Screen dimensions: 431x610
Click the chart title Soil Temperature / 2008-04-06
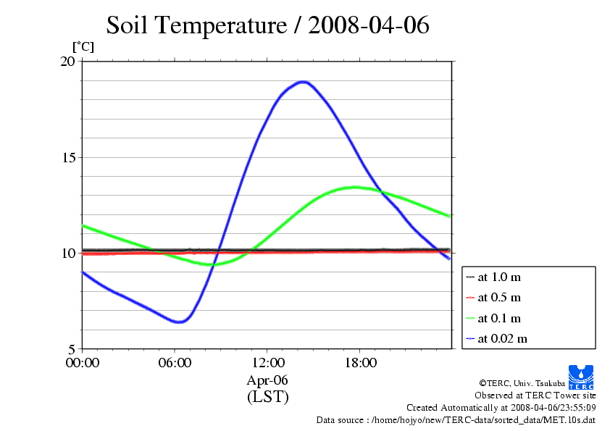267,25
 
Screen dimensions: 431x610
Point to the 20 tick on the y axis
67,62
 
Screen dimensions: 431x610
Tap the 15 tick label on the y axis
67,157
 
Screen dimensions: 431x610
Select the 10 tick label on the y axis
67,253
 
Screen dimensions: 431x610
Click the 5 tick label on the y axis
71,348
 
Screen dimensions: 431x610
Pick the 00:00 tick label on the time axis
83,362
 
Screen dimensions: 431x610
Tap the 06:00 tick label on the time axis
175,362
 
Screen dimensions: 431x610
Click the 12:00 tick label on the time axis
267,362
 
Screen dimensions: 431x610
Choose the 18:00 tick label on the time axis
360,362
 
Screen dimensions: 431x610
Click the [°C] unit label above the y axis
83,46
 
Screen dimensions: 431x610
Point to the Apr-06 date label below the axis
267,380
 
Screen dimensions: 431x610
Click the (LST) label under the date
267,397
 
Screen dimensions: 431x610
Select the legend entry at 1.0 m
498,277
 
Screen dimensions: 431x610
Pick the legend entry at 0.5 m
498,297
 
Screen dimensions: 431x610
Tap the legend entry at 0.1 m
498,318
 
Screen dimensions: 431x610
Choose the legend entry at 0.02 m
501,338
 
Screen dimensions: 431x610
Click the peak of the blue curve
303,82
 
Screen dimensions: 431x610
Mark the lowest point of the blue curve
178,322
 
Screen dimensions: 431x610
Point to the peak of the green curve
354,187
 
